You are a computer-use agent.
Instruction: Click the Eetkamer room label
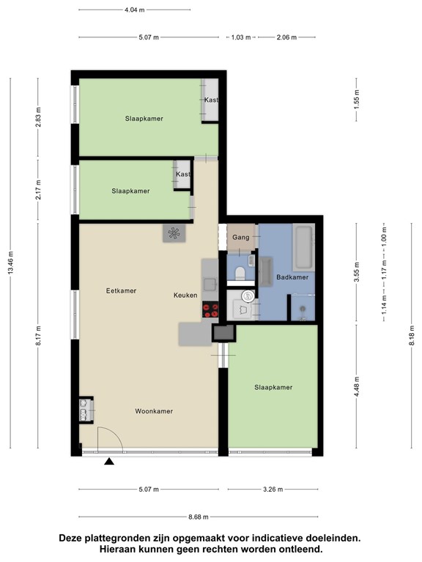coord(121,291)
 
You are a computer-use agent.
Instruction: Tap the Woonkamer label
coord(154,411)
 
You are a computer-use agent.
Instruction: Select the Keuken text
coord(185,295)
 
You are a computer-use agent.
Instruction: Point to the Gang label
coord(241,237)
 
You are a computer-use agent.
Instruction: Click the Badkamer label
coord(292,277)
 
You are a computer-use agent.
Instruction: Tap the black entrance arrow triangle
coord(109,461)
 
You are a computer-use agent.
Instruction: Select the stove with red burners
coord(210,310)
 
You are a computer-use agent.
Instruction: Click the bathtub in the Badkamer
coord(304,247)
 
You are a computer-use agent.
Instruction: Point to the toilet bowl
coord(240,274)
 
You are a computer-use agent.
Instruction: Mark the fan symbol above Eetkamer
coord(174,233)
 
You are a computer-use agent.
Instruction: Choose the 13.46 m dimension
coord(10,264)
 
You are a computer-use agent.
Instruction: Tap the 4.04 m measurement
coord(133,10)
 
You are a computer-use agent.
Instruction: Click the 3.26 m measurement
coord(271,490)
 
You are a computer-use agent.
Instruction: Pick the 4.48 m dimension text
coord(356,386)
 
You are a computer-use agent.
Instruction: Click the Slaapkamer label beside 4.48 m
coord(273,387)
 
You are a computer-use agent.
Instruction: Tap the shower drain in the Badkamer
coord(303,318)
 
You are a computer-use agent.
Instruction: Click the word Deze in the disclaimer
coord(73,538)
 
